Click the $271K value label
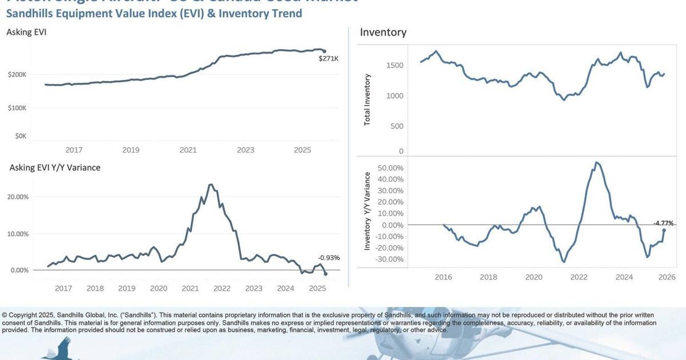328,58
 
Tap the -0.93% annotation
329,258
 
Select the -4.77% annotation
664,223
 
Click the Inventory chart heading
383,32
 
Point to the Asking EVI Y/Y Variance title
55,167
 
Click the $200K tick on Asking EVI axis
17,75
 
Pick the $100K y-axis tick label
17,108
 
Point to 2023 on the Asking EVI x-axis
245,150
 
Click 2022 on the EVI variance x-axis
222,289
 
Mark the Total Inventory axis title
368,99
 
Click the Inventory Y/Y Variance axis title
368,211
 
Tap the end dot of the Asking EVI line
324,51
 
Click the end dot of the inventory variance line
664,230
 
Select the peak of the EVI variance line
210,185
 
